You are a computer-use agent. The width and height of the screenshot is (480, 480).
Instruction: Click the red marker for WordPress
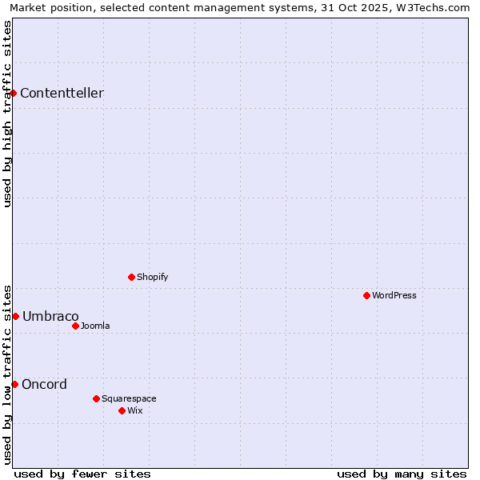tap(366, 295)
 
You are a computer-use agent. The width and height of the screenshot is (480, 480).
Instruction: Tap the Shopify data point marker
tap(131, 277)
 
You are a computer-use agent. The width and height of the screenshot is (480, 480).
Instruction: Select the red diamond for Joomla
tap(75, 326)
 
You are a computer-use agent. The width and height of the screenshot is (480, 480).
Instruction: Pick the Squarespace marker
tap(96, 398)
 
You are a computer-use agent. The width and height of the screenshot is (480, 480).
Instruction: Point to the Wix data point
tap(122, 410)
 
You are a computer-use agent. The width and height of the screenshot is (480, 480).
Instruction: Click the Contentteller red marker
tap(14, 93)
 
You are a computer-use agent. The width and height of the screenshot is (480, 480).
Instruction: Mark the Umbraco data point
tap(15, 316)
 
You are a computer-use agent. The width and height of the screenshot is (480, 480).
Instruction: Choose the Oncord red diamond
tap(14, 384)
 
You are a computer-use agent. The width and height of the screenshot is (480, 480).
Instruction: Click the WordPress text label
tap(394, 295)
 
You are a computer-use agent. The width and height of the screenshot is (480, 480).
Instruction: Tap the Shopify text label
tap(152, 277)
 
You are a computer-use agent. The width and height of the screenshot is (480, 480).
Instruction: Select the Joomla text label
tap(95, 326)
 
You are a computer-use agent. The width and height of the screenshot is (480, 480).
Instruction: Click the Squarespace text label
tap(129, 398)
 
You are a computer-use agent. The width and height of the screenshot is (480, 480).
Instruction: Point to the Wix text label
tap(134, 410)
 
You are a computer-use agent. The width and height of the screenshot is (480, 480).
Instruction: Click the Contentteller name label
tap(62, 93)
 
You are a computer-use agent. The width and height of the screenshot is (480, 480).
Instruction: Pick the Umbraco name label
tap(50, 316)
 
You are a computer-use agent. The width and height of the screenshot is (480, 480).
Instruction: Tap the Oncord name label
tap(44, 384)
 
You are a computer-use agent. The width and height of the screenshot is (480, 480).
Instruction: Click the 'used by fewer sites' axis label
tap(82, 474)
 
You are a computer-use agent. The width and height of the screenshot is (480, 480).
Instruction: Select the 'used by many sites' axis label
tap(402, 474)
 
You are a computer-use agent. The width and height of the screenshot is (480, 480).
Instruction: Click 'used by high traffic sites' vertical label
tap(7, 113)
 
